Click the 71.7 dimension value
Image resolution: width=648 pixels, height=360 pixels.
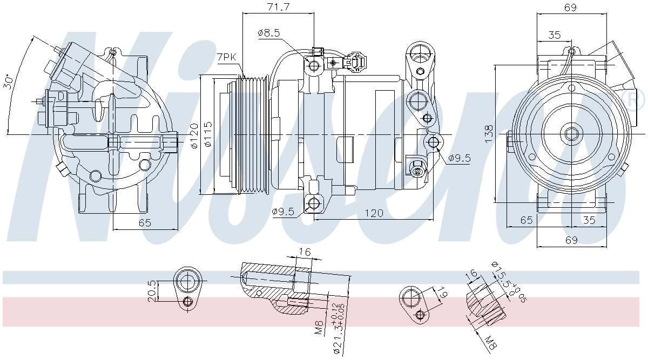[x=278, y=7]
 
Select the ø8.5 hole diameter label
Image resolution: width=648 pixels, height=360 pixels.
[x=269, y=33]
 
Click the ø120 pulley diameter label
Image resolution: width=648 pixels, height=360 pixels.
[x=194, y=135]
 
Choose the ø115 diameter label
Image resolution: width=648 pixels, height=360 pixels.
[x=208, y=135]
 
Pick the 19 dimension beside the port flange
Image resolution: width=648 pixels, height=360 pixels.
[x=442, y=294]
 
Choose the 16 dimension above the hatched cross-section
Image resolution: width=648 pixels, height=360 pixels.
[x=305, y=252]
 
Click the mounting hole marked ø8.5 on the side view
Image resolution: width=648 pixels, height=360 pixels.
[x=314, y=66]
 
